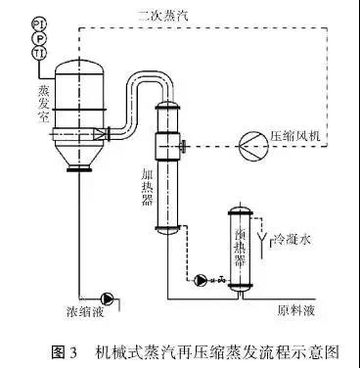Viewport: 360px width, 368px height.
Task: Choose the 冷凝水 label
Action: coord(289,237)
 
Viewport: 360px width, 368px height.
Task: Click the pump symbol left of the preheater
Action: coord(202,281)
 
